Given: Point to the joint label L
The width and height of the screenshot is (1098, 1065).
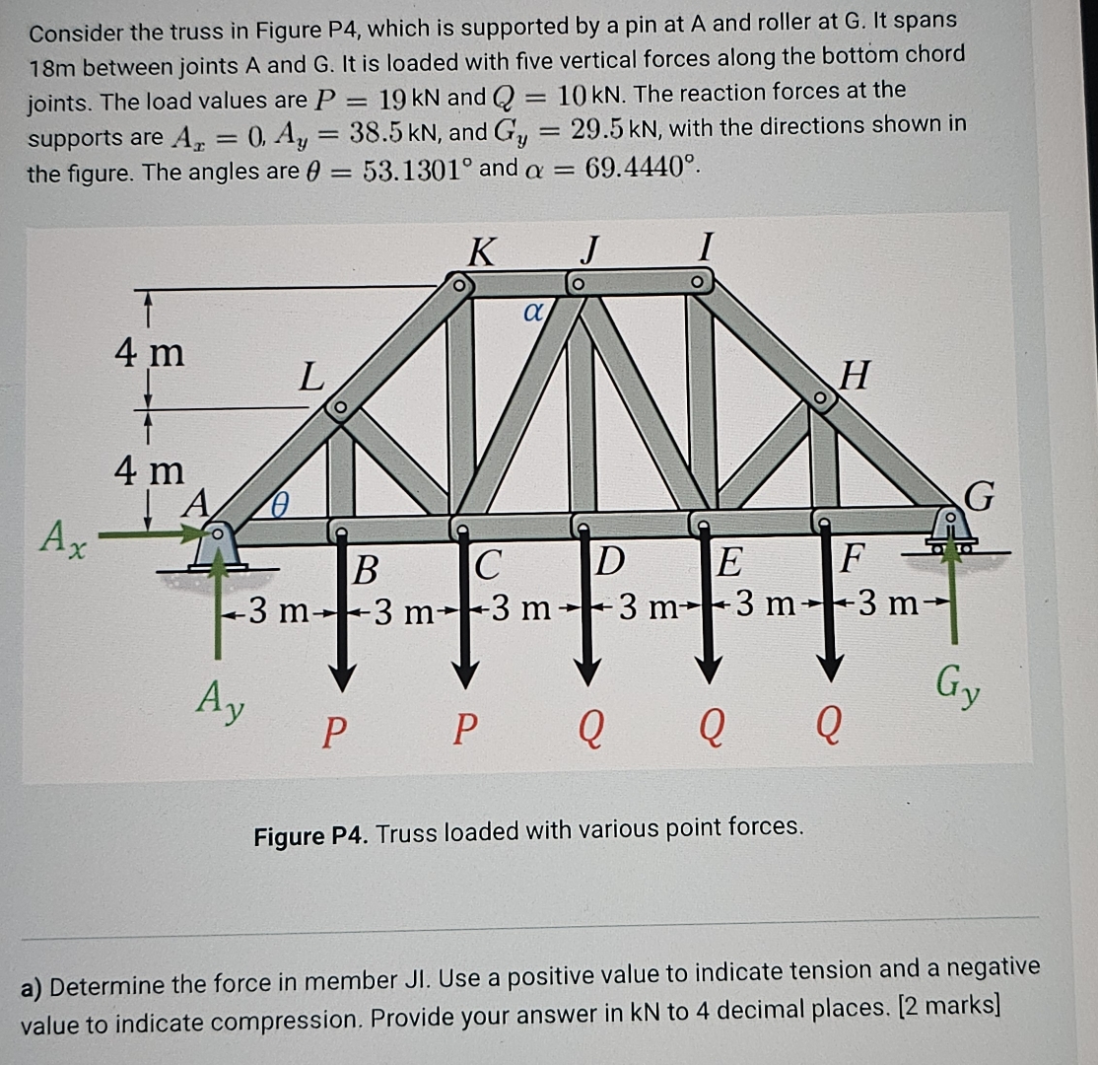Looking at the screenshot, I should [310, 377].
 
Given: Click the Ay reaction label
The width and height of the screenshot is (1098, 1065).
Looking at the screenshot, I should [220, 701].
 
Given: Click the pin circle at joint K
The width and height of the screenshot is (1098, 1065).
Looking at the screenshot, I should [458, 284].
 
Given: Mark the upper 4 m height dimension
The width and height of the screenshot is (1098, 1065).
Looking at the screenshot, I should [149, 352].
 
